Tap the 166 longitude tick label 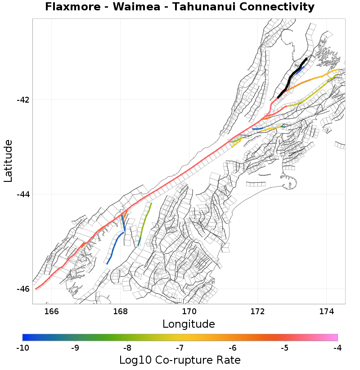52,311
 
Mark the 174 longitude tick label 326,311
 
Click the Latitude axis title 8,161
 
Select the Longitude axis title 189,324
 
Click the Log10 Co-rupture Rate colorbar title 180,360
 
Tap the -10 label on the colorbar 22,347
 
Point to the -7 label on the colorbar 180,347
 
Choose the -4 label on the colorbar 337,347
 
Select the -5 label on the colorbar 285,347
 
